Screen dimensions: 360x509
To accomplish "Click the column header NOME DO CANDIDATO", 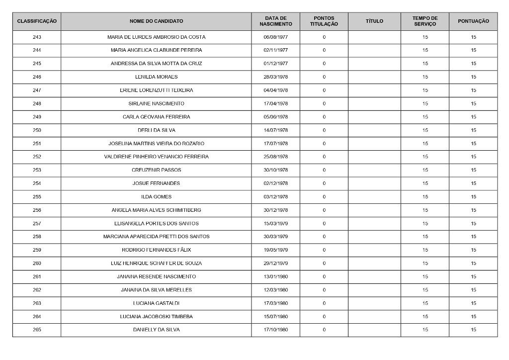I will pyautogui.click(x=156, y=21).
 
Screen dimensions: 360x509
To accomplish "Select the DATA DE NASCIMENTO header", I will pyautogui.click(x=275, y=21).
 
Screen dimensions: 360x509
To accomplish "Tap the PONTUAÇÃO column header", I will pyautogui.click(x=473, y=21).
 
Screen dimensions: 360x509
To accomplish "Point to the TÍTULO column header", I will pyautogui.click(x=374, y=21).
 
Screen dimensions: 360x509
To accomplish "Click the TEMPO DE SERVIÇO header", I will pyautogui.click(x=425, y=21).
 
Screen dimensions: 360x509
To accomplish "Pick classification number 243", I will pyautogui.click(x=37, y=37).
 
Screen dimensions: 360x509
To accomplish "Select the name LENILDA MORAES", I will pyautogui.click(x=156, y=77).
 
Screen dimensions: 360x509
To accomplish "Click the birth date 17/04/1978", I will pyautogui.click(x=275, y=104).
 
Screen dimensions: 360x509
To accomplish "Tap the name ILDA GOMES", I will pyautogui.click(x=156, y=197).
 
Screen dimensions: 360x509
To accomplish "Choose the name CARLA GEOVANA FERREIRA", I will pyautogui.click(x=156, y=117).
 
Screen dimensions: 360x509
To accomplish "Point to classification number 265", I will pyautogui.click(x=37, y=330).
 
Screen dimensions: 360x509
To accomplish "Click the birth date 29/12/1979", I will pyautogui.click(x=275, y=264).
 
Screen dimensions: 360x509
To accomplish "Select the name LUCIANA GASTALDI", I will pyautogui.click(x=156, y=303).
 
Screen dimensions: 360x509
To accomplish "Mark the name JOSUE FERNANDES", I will pyautogui.click(x=156, y=183).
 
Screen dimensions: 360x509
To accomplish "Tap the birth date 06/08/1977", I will pyautogui.click(x=275, y=37).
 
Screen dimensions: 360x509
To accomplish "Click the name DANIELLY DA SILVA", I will pyautogui.click(x=156, y=330).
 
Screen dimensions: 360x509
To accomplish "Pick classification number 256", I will pyautogui.click(x=37, y=210).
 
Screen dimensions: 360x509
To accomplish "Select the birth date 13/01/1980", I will pyautogui.click(x=275, y=276).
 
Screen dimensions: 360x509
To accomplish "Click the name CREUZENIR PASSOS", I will pyautogui.click(x=156, y=170).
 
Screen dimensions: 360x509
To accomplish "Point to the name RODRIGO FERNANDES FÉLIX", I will pyautogui.click(x=156, y=250).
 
